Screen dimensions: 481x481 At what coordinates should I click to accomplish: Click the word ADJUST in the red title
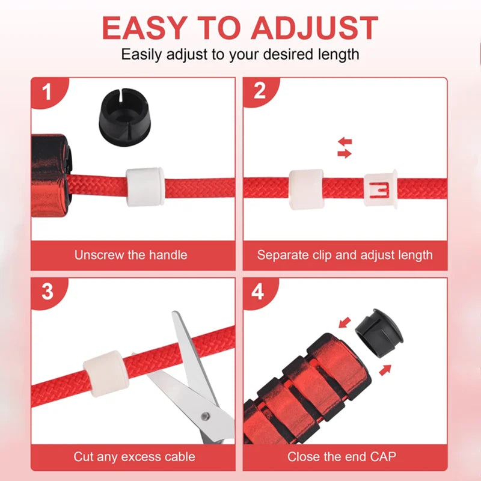click(x=314, y=28)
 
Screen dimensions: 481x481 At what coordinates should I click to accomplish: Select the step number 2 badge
click(x=260, y=91)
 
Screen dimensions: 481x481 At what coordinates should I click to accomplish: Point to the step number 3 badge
click(x=48, y=292)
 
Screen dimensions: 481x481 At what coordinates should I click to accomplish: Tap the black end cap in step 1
click(x=124, y=117)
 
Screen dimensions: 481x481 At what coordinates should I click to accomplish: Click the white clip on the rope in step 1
click(x=145, y=186)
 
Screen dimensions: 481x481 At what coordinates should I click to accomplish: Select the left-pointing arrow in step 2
click(x=345, y=142)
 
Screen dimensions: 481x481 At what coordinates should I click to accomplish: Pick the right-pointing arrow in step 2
click(x=345, y=153)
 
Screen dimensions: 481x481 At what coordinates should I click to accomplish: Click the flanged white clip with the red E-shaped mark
click(x=381, y=189)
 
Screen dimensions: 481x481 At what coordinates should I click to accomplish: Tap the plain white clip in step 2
click(x=306, y=189)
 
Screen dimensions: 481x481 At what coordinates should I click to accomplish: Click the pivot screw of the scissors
click(x=205, y=416)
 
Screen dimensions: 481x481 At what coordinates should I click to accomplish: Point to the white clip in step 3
click(x=106, y=373)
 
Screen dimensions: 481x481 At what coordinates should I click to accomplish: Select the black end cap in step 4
click(x=379, y=334)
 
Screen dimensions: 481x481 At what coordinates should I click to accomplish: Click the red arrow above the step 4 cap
click(x=345, y=323)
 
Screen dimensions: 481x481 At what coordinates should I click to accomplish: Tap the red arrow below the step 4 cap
click(x=385, y=370)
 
